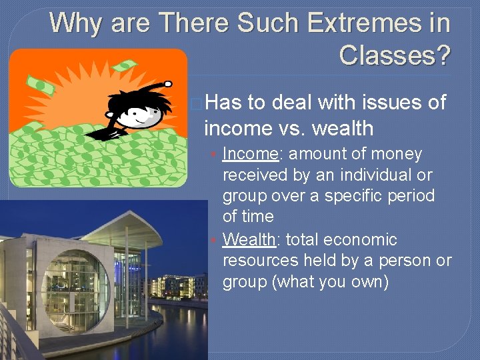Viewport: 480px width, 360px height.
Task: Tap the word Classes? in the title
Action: tap(394, 55)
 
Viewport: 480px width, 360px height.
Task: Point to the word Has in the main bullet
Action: tap(224, 102)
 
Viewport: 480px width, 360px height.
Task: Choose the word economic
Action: tap(361, 239)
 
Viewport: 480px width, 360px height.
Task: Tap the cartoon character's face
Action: tap(143, 115)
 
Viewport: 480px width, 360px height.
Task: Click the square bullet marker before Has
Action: tap(196, 103)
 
